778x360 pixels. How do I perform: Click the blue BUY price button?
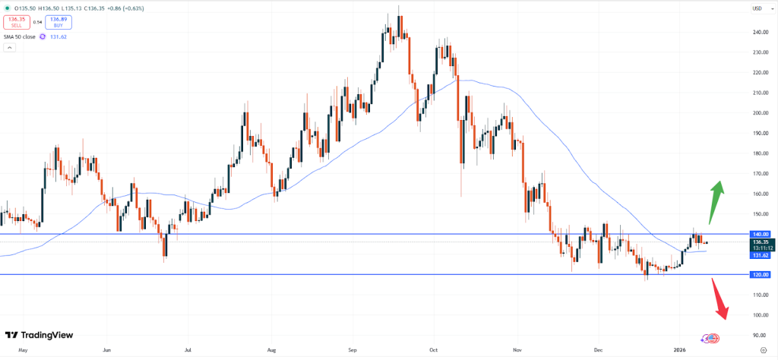pyautogui.click(x=58, y=22)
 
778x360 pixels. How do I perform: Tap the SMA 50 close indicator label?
pyautogui.click(x=21, y=36)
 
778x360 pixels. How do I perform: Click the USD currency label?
pyautogui.click(x=757, y=8)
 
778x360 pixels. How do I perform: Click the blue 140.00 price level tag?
pyautogui.click(x=761, y=235)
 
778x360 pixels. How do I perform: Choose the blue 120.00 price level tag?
pyautogui.click(x=761, y=274)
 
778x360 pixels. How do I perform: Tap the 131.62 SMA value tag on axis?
pyautogui.click(x=761, y=256)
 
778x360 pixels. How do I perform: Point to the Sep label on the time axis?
pyautogui.click(x=352, y=352)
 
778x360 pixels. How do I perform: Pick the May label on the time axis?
pyautogui.click(x=23, y=352)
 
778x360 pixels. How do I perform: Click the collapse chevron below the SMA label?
pyautogui.click(x=10, y=48)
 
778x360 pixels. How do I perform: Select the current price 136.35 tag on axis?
pyautogui.click(x=761, y=242)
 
